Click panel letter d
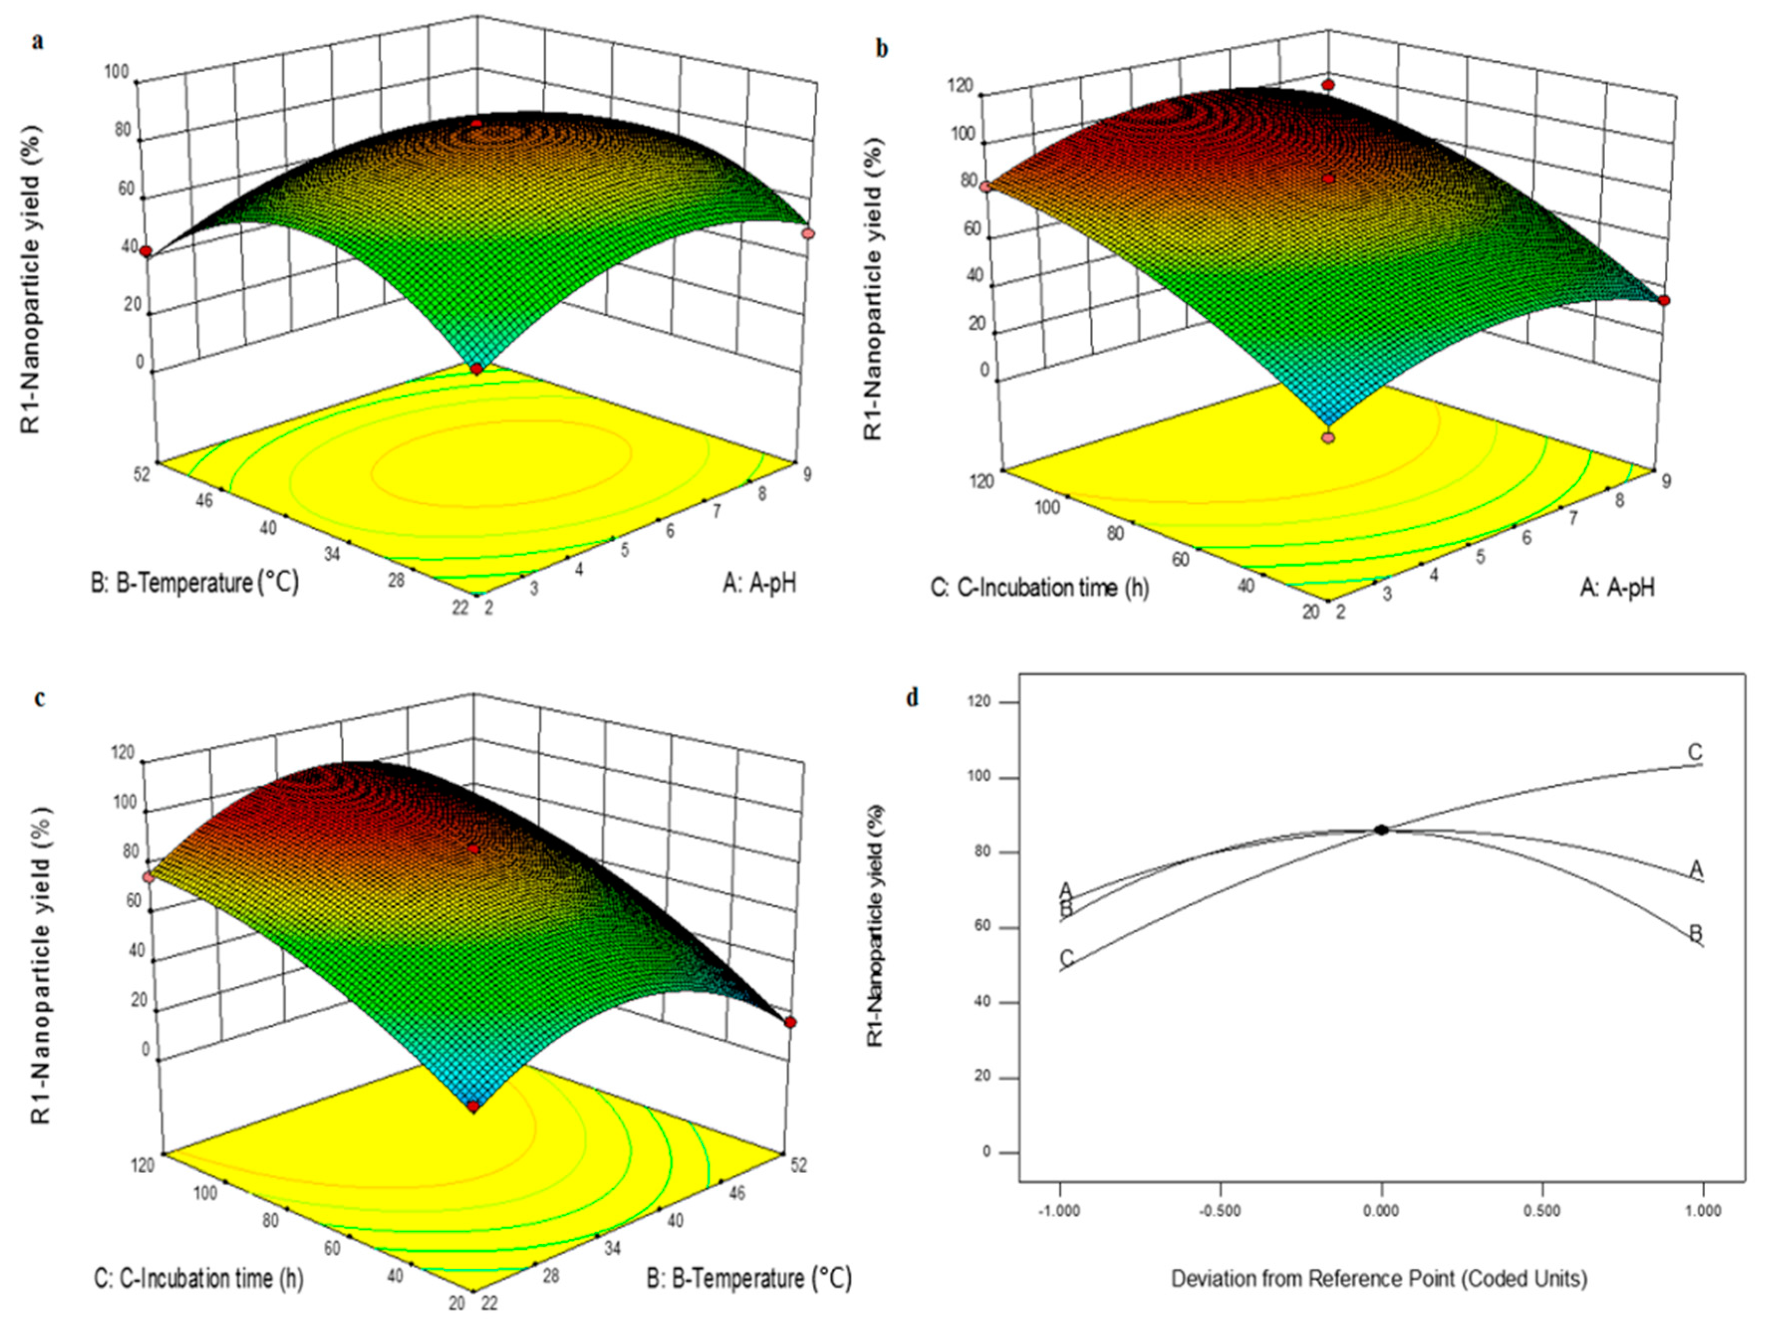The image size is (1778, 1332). (911, 698)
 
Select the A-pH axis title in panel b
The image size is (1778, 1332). (1617, 589)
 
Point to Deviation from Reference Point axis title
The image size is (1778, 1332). (1379, 1278)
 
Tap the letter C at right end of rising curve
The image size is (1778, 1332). (1694, 752)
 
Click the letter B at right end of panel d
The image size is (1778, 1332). (1695, 933)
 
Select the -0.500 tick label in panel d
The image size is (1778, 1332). (1220, 1211)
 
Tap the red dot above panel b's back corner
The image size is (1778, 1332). (1329, 85)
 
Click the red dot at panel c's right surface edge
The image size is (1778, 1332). (790, 1022)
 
